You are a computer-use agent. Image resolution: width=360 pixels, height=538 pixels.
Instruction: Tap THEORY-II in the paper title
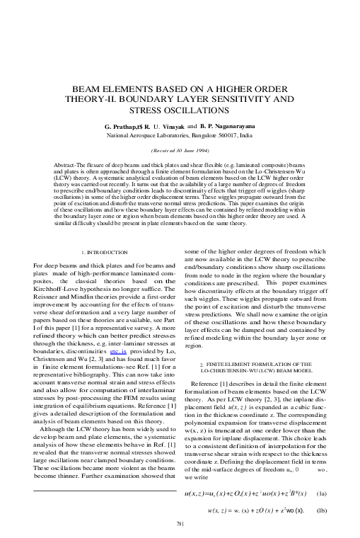click(117, 100)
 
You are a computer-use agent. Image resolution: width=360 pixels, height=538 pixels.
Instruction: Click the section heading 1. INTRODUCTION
click(105, 252)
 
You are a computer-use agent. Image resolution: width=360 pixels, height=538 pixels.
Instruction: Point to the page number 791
click(180, 523)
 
